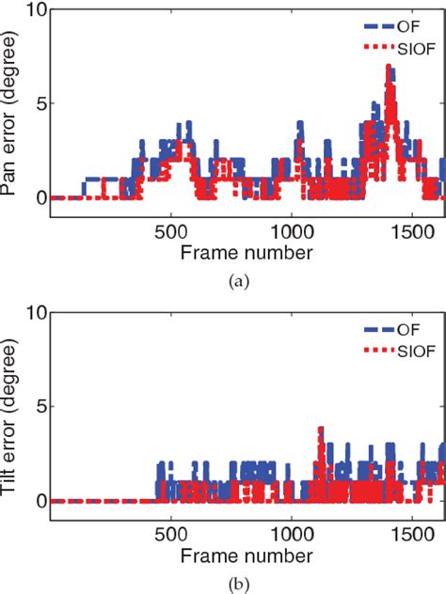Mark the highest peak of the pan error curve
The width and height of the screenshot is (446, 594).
tap(388, 67)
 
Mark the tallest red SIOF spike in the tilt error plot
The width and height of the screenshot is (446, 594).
tap(321, 429)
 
